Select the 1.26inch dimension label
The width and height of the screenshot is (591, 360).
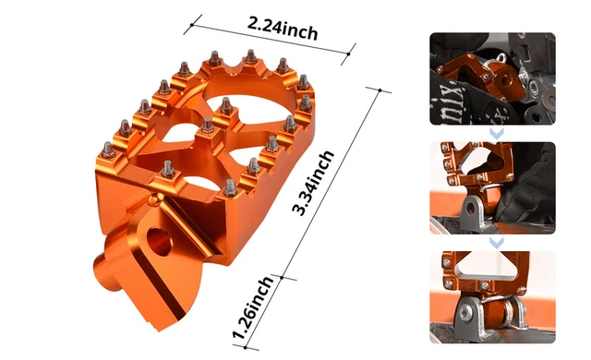pos(252,309)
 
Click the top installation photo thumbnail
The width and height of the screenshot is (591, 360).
pos(491,79)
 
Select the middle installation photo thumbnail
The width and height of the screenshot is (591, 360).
pos(491,186)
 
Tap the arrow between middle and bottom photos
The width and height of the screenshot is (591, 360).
pos(496,241)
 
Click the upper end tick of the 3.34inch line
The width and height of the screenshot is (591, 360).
pos(376,90)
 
